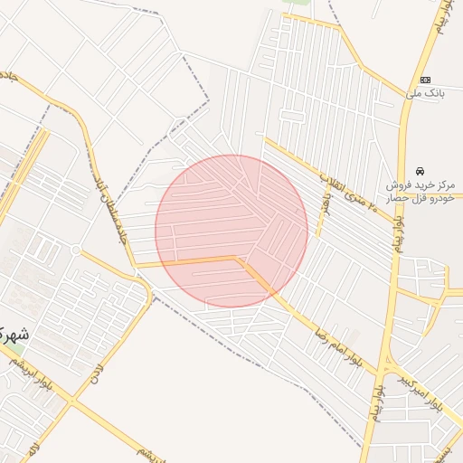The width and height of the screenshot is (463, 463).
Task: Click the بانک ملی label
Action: tap(426, 93)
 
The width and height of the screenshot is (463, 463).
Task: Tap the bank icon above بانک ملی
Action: tap(426, 80)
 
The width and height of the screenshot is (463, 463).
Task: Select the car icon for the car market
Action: tap(420, 171)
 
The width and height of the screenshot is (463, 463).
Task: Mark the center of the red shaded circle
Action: tap(231, 231)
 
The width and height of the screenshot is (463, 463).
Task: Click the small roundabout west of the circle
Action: tap(76, 250)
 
